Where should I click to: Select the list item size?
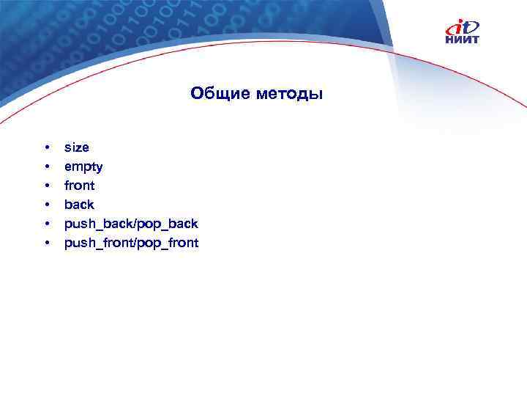(x=77, y=147)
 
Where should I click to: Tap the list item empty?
(x=83, y=167)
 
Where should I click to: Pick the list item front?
(x=80, y=186)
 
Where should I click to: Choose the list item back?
(x=79, y=205)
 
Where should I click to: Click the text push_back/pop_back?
(x=131, y=224)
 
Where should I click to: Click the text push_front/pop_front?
(x=131, y=243)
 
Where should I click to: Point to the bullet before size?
(x=46, y=147)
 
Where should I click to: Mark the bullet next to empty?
(x=46, y=166)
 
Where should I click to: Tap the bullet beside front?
(x=46, y=186)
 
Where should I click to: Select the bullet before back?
(x=46, y=205)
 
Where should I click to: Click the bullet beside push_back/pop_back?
(x=46, y=224)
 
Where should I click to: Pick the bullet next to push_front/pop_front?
(x=46, y=243)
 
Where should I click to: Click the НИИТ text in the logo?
(x=463, y=40)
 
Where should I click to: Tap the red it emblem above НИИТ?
(x=463, y=26)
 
